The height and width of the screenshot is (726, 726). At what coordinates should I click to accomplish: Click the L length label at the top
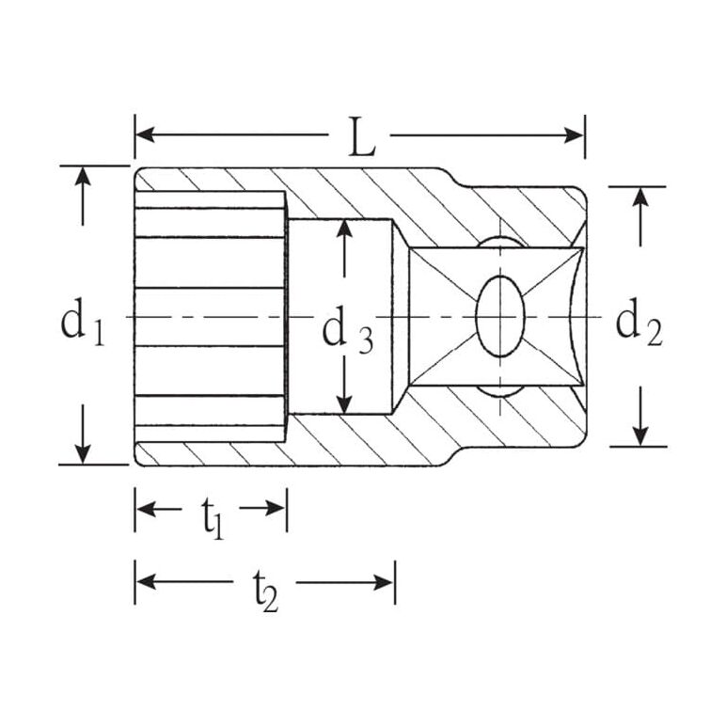click(362, 136)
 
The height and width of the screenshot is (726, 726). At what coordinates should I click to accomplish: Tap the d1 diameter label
click(83, 323)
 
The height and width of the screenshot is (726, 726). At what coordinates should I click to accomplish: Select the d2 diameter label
click(639, 323)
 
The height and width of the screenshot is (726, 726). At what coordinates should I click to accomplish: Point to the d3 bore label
click(347, 330)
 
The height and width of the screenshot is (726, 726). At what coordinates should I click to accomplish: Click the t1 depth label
click(213, 519)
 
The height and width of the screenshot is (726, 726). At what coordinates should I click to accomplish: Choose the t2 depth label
click(266, 592)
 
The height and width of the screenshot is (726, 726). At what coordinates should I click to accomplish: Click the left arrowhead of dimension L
click(146, 135)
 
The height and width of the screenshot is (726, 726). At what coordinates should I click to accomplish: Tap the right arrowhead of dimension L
click(574, 135)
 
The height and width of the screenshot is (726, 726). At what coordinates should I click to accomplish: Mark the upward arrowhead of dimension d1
click(83, 177)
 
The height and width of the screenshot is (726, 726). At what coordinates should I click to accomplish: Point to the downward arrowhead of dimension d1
click(83, 453)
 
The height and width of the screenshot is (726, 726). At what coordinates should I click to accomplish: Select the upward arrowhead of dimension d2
click(640, 197)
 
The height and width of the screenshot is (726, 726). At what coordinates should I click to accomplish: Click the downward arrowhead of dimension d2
click(640, 436)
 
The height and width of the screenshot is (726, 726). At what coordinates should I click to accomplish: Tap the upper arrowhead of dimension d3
click(343, 230)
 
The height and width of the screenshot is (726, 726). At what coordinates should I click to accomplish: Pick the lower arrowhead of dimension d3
click(343, 403)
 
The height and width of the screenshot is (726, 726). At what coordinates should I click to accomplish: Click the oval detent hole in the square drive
click(500, 317)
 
